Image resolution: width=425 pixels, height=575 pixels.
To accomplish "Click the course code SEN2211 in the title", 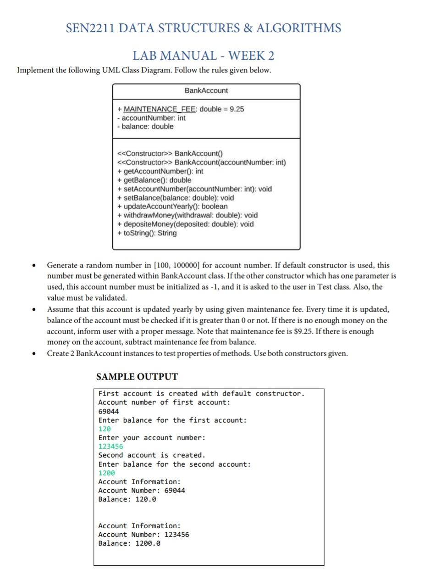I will click(x=90, y=28).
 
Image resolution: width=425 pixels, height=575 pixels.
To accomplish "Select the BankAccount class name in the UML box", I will click(x=206, y=91).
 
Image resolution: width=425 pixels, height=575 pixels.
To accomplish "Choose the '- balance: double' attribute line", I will click(x=145, y=127).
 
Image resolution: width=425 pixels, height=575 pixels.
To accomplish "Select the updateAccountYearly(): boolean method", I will click(x=172, y=207).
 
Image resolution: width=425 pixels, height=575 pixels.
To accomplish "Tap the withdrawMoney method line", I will click(x=188, y=215).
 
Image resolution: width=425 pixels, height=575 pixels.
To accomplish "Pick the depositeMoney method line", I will click(x=186, y=224).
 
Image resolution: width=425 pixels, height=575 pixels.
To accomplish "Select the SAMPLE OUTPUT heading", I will click(x=137, y=377).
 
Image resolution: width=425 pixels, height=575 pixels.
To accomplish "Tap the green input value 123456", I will click(x=110, y=447).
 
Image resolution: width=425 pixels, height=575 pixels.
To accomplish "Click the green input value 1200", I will click(x=106, y=473).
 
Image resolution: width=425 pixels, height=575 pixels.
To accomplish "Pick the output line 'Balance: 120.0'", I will click(x=127, y=499).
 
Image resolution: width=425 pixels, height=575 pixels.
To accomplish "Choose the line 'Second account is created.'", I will click(x=151, y=455).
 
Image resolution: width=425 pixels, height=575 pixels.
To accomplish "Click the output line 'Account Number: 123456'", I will click(x=144, y=535).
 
